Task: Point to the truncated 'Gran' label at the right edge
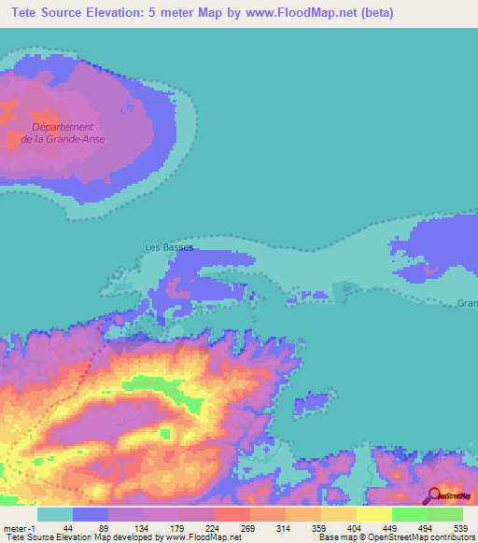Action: tap(467, 303)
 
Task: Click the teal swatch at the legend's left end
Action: tap(55, 513)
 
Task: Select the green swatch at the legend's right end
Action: tap(445, 513)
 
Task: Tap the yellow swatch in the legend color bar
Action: tap(373, 513)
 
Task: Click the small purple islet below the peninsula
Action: tap(314, 403)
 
